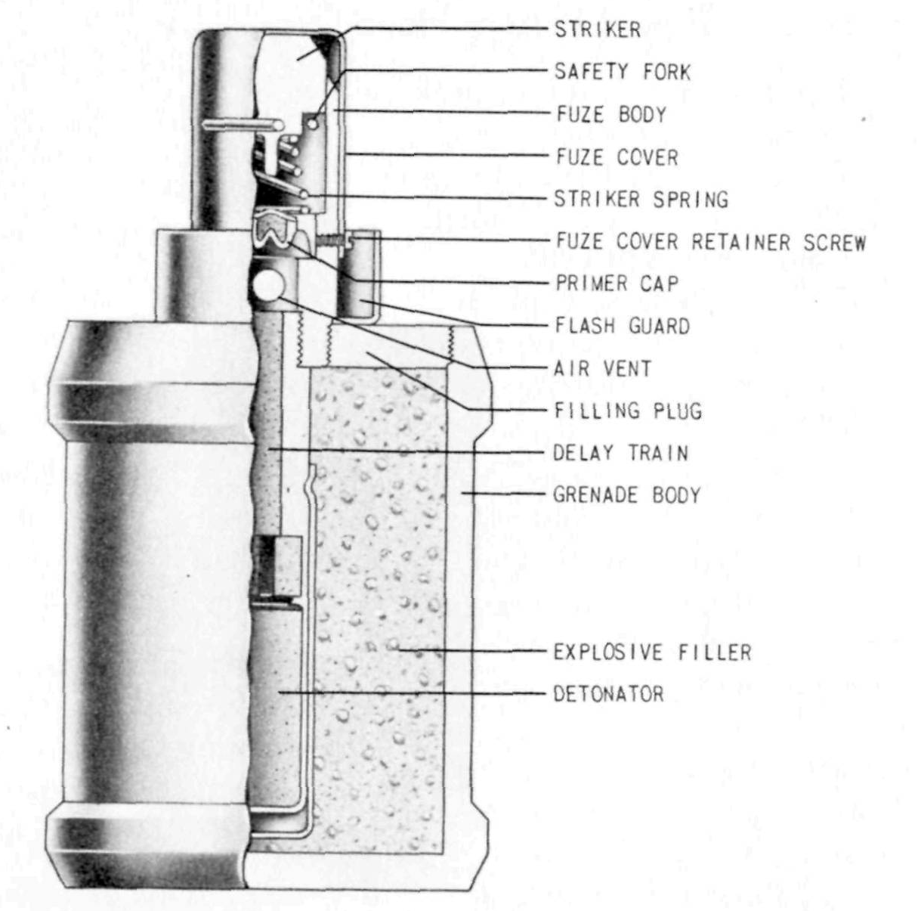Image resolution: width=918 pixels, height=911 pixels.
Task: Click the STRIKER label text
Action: point(598,29)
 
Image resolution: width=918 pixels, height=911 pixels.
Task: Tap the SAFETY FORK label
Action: point(622,72)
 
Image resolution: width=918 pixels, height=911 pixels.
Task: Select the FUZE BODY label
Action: point(612,114)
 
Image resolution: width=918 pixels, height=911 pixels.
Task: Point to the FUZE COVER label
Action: point(617,156)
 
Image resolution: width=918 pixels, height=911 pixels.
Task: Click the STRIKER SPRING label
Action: point(641,199)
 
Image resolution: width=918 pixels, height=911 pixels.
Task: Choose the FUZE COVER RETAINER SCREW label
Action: point(711,242)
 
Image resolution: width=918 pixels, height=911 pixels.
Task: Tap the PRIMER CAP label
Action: point(617,284)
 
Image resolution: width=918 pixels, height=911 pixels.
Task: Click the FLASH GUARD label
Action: point(623,326)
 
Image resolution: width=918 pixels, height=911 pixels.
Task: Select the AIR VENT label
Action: point(602,368)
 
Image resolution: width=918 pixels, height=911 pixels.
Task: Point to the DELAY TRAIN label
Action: point(621,453)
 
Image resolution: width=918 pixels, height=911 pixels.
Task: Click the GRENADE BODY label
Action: point(627,495)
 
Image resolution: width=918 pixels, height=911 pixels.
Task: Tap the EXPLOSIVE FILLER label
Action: point(652,652)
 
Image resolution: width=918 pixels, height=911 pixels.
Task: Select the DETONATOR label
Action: point(608,694)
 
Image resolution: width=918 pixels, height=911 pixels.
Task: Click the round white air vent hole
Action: point(267,285)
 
